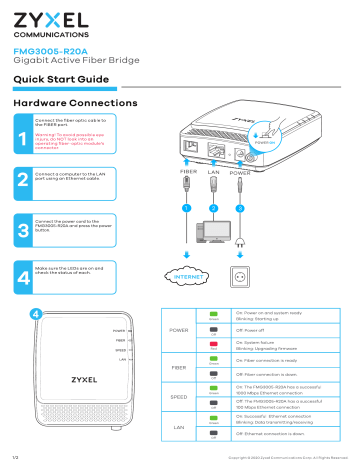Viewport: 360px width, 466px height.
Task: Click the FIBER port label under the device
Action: click(x=186, y=172)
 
